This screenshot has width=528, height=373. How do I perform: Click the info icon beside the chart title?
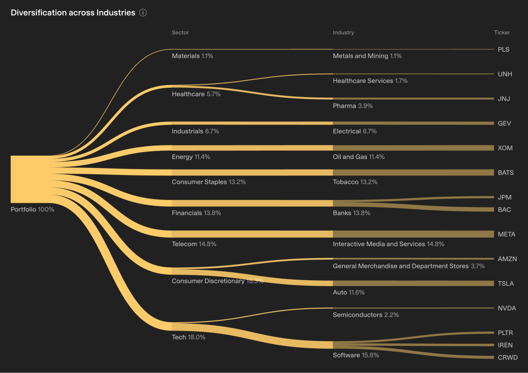(143, 13)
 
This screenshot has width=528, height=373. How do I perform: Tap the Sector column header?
(180, 32)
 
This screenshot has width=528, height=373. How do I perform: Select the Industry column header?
(343, 32)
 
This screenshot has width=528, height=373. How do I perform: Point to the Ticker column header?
(502, 32)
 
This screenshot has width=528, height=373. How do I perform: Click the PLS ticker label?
(503, 50)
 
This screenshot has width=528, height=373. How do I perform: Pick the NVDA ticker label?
(507, 308)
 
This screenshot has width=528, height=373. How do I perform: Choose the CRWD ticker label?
(507, 357)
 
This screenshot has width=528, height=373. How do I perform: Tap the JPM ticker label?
(504, 197)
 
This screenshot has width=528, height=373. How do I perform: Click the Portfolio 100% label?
(32, 209)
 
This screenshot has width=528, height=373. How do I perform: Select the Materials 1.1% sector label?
(192, 56)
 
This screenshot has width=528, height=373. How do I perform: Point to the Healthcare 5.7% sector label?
(196, 94)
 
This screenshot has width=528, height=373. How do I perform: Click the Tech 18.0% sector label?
(188, 337)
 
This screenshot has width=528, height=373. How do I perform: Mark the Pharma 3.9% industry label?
(353, 106)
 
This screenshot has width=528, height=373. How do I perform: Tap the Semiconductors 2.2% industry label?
(366, 315)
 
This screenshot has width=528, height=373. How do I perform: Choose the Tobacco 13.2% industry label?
(355, 182)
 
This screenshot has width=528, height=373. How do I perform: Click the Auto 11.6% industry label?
(349, 292)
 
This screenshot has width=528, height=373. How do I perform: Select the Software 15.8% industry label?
(356, 355)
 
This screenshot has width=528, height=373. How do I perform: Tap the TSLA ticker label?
(506, 284)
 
